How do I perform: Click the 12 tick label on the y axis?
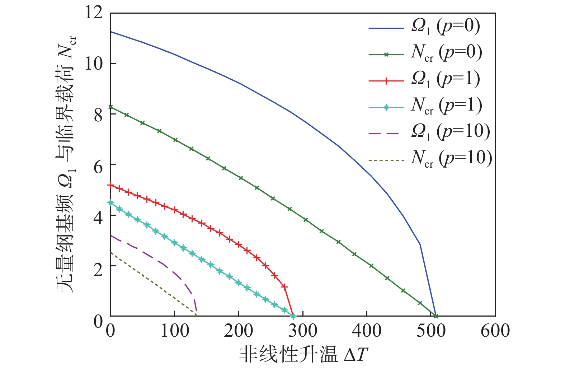tap(94, 13)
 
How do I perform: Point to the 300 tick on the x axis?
tap(303, 331)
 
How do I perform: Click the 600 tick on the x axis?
tap(495, 331)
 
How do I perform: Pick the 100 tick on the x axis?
tap(175, 331)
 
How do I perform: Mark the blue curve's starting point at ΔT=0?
tap(111, 32)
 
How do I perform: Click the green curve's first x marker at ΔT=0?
tap(111, 107)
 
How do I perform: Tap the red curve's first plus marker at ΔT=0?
tap(111, 185)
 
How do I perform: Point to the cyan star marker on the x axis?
tap(293, 316)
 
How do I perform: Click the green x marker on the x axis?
tap(436, 316)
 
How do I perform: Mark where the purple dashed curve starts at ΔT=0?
tap(111, 235)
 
